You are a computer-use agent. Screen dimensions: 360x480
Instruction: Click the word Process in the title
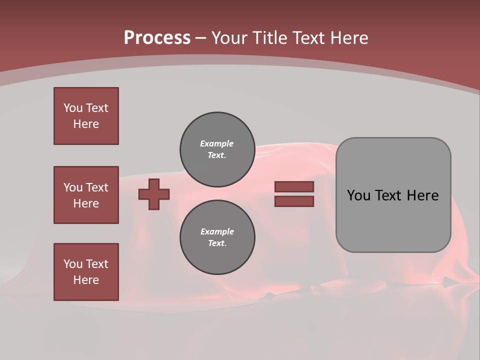pos(157,38)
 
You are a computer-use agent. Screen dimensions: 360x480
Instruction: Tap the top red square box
pos(86,116)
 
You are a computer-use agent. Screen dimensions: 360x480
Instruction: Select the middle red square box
pos(86,195)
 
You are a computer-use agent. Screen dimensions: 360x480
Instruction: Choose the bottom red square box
pos(86,272)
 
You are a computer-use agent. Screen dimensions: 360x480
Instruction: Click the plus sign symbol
pos(154,194)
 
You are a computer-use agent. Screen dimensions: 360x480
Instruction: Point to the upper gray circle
pos(217,149)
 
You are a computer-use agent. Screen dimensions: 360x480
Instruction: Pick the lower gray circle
pos(217,237)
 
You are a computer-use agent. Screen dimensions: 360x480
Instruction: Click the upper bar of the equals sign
pos(294,186)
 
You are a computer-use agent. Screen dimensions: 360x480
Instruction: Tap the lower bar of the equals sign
pos(294,201)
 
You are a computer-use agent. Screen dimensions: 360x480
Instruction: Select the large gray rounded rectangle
pos(393,195)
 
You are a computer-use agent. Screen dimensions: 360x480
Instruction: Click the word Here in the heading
pos(348,38)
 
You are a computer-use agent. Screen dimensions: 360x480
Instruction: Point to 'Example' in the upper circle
pos(217,143)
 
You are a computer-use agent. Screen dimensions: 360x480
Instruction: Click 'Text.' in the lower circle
pos(217,243)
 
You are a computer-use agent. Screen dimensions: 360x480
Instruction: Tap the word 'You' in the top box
pos(73,108)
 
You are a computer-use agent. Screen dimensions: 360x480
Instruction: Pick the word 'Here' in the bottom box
pos(86,280)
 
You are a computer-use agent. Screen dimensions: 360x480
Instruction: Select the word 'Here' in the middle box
pos(86,203)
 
